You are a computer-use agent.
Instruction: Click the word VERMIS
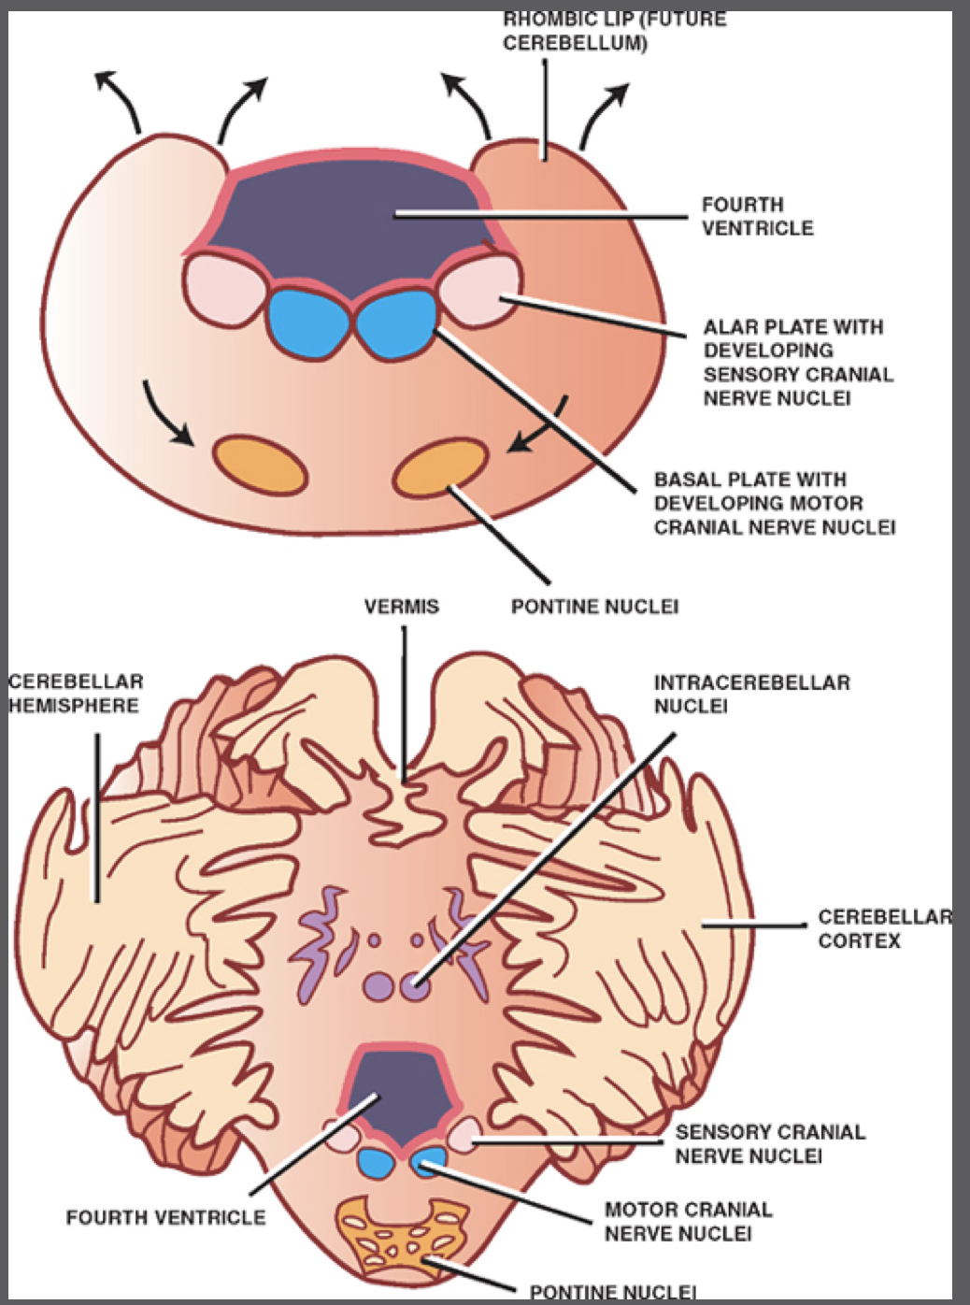401,607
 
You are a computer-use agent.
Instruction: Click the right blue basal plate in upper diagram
396,321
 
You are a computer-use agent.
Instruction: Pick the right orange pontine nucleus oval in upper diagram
440,467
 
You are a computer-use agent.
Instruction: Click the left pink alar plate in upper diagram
221,291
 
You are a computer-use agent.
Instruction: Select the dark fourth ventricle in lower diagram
402,1089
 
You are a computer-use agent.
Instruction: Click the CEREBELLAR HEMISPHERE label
75,694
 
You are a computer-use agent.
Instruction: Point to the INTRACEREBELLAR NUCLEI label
751,694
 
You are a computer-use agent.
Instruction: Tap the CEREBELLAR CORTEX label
883,928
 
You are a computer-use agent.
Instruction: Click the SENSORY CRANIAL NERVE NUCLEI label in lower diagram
770,1144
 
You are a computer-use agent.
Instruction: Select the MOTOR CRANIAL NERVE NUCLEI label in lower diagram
688,1221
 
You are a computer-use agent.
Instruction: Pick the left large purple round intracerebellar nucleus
378,985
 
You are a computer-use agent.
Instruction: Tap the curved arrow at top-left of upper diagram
120,101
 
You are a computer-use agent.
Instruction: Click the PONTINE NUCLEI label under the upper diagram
594,607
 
